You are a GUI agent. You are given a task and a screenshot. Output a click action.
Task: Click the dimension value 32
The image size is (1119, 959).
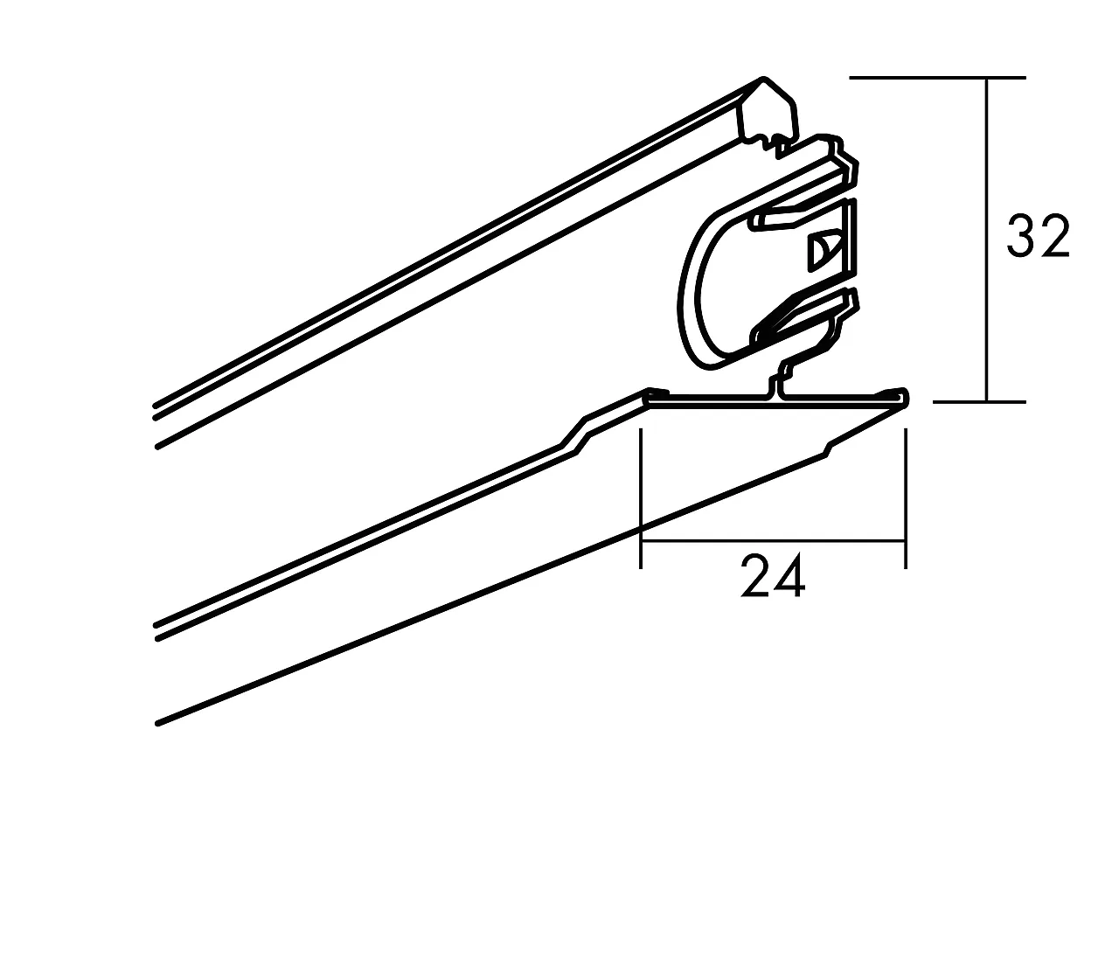1038,236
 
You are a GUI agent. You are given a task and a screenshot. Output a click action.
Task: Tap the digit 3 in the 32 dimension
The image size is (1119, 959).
1021,236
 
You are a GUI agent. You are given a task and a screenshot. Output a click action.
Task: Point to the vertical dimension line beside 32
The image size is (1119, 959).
987,175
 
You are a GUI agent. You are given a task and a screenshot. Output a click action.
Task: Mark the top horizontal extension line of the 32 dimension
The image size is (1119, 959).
935,78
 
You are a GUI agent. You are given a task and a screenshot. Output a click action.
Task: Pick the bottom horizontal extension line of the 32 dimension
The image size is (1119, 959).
979,402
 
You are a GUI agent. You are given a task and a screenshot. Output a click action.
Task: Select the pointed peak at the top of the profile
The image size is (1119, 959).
764,80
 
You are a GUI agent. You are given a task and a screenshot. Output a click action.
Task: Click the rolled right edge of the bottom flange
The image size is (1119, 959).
903,399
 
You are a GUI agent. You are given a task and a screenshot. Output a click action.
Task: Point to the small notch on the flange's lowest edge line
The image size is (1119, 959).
828,450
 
